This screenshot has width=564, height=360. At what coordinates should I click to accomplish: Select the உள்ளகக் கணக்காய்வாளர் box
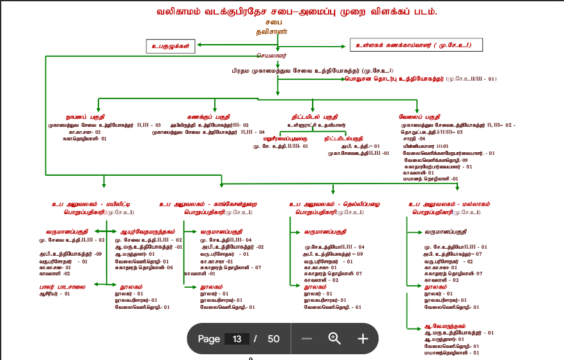(x=416, y=45)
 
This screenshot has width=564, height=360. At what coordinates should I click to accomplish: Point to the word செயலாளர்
(x=274, y=56)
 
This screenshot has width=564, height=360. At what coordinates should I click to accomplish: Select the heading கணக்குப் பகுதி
(x=208, y=117)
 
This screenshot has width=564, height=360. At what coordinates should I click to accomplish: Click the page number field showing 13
(x=237, y=338)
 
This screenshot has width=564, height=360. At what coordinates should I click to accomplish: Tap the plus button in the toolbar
(x=363, y=338)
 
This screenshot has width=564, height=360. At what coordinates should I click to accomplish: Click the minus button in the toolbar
(x=306, y=338)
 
